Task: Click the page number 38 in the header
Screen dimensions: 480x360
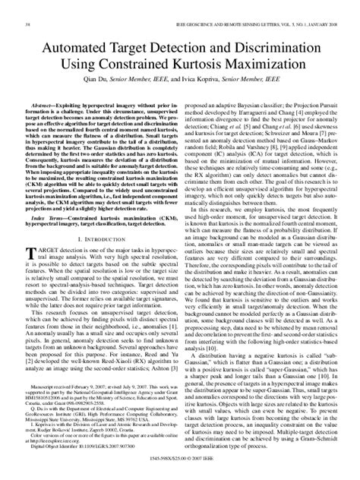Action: pos(28,6)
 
